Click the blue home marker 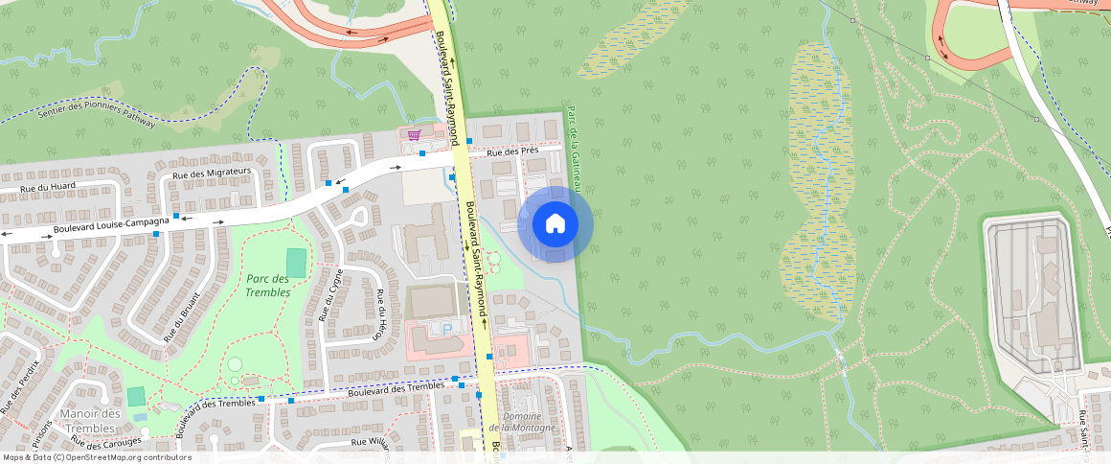[x=555, y=224]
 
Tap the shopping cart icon [x=414, y=134]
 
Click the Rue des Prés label [x=512, y=151]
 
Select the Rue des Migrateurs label [x=212, y=173]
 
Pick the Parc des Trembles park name [x=267, y=285]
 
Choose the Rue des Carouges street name [x=106, y=443]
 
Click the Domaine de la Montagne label [x=522, y=422]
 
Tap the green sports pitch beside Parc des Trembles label [x=297, y=263]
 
